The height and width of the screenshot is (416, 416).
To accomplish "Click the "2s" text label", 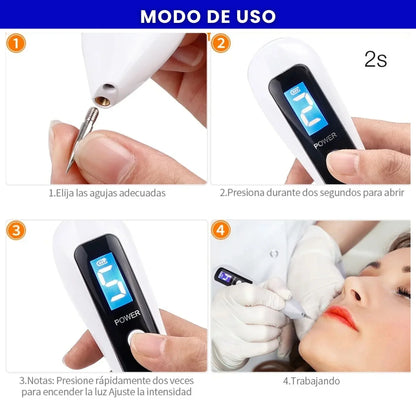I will (x=375, y=58).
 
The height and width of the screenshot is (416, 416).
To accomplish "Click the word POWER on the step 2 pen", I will (x=302, y=144).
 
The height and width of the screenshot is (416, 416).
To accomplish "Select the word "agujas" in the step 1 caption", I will (x=99, y=192).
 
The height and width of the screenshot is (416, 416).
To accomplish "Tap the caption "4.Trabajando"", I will (x=312, y=380).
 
